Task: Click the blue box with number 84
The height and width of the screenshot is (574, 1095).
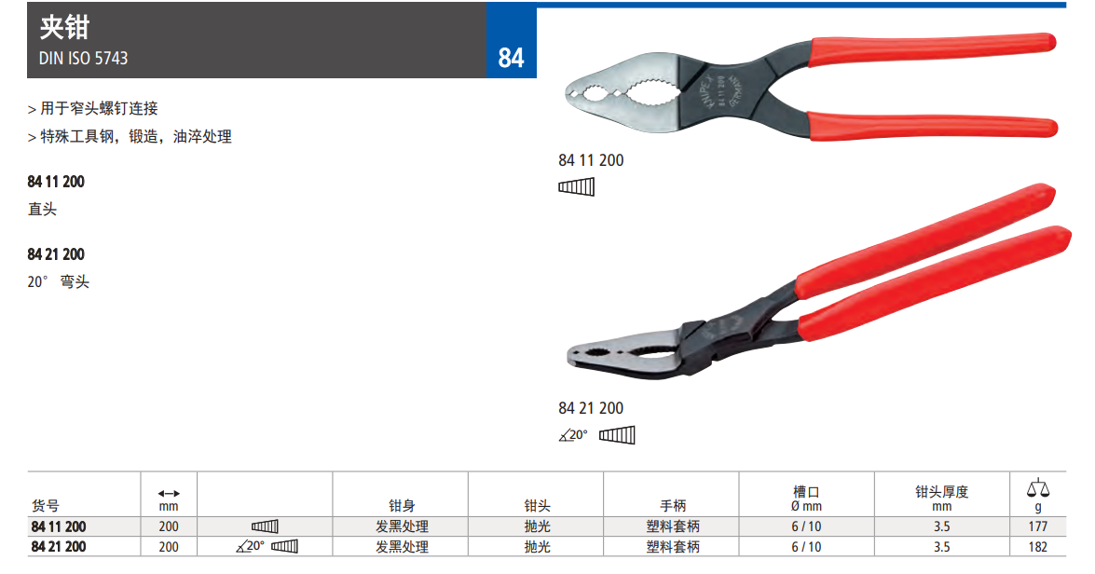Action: pyautogui.click(x=512, y=40)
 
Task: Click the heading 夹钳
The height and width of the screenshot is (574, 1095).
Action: pyautogui.click(x=64, y=27)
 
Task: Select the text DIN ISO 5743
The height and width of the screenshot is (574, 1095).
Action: pyautogui.click(x=83, y=59)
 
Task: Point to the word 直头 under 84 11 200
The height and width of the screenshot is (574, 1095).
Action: pyautogui.click(x=42, y=209)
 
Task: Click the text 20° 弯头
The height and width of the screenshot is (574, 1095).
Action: pyautogui.click(x=59, y=281)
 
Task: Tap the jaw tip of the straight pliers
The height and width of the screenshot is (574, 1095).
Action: pyautogui.click(x=567, y=92)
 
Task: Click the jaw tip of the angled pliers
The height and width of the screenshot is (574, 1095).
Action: pyautogui.click(x=569, y=355)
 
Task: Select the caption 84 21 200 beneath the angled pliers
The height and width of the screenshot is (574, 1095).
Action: pyautogui.click(x=591, y=408)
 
